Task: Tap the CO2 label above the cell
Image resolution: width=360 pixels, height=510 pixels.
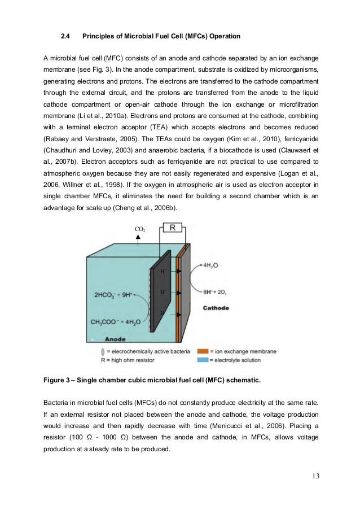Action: pyautogui.click(x=139, y=229)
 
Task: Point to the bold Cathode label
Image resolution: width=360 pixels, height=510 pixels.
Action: pyautogui.click(x=216, y=308)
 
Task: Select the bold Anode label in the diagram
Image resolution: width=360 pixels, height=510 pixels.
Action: pyautogui.click(x=115, y=339)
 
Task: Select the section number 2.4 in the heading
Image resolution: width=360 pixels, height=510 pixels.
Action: pyautogui.click(x=65, y=37)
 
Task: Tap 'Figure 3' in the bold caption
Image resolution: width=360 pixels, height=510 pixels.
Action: pyautogui.click(x=59, y=380)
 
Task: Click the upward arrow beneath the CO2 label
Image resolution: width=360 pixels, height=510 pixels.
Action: pyautogui.click(x=138, y=239)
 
